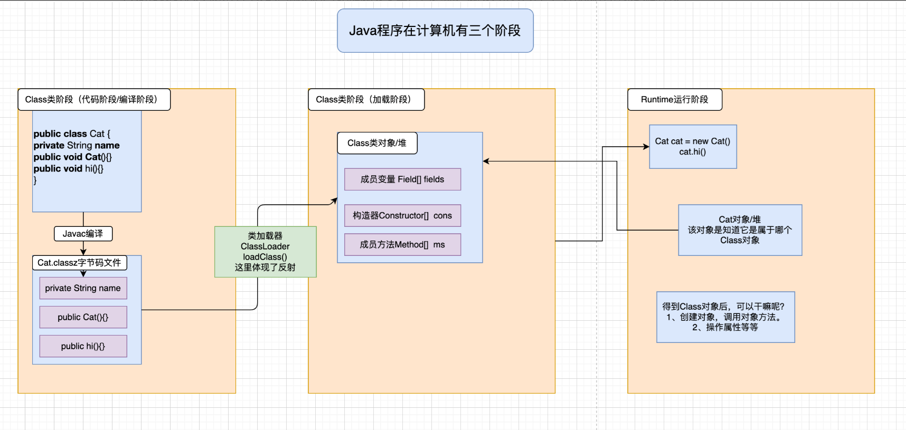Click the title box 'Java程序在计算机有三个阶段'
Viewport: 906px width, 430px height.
435,31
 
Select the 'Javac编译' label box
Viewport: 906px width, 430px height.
83,234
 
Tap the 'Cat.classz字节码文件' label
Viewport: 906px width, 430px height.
79,263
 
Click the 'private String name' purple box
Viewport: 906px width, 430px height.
83,288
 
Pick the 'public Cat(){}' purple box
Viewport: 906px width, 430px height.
83,317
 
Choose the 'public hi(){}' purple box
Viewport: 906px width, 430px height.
83,346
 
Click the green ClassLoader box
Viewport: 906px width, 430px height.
265,252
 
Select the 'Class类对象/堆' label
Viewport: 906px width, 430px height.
377,143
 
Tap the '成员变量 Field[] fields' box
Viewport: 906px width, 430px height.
402,179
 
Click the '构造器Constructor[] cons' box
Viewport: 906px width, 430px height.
402,215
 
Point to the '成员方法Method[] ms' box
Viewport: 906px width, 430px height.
402,245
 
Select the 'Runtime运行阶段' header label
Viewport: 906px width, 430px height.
675,100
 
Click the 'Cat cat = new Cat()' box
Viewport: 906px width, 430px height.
693,147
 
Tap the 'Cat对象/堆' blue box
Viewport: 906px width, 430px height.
740,230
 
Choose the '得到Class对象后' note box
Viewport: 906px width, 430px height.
725,317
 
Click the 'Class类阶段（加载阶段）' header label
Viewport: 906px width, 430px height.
366,100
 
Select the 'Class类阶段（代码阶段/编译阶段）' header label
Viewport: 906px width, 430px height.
94,100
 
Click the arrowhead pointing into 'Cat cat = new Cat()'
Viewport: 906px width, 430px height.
647,147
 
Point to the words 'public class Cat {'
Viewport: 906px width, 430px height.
72,134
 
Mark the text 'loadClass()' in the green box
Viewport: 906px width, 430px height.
265,257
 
